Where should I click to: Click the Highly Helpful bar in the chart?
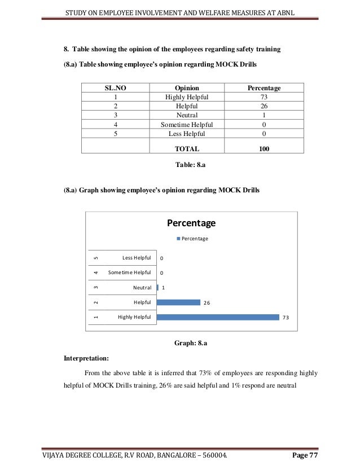218,317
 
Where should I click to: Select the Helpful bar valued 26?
178,302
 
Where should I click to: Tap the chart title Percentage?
191,223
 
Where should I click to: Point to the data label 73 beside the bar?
286,318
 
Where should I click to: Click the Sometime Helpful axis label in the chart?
129,272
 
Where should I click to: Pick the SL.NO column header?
115,88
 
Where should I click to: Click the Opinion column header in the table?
187,88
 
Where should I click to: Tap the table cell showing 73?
264,97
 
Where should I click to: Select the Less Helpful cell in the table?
187,134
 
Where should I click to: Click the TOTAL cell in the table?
187,149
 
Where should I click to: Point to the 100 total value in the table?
264,149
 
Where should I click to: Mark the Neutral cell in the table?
187,115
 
